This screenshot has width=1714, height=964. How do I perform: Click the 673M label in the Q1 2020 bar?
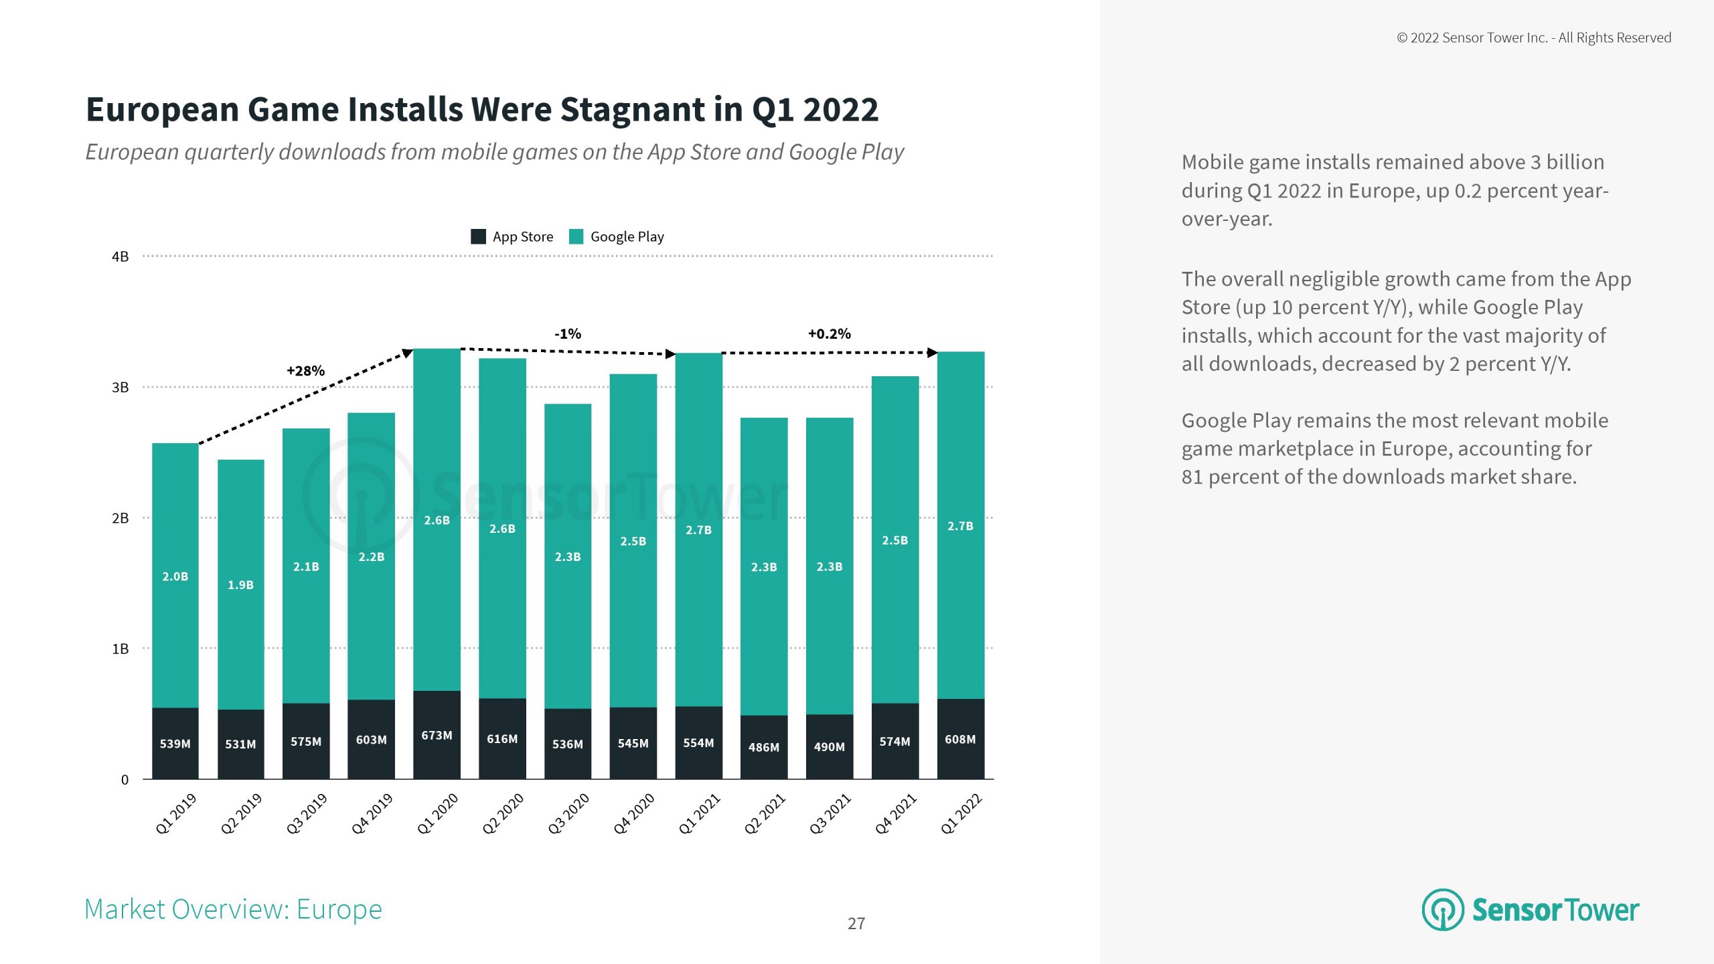[437, 735]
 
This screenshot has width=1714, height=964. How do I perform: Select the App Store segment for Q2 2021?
[763, 746]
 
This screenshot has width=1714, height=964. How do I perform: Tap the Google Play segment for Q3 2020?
[568, 556]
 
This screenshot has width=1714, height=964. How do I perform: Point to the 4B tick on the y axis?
[121, 256]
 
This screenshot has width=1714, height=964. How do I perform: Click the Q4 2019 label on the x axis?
[372, 813]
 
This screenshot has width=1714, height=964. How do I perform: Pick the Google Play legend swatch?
[576, 236]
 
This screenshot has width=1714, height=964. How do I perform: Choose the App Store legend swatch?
[478, 236]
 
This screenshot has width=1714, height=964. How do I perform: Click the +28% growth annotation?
[305, 371]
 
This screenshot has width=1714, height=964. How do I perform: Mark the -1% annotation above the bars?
[567, 333]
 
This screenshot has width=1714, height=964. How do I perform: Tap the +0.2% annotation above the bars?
[829, 333]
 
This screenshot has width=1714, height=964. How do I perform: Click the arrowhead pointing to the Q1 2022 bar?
[932, 353]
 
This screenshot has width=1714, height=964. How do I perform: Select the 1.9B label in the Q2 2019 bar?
[240, 585]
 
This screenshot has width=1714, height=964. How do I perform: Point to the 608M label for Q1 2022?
[960, 739]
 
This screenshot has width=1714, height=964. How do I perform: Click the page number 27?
[856, 924]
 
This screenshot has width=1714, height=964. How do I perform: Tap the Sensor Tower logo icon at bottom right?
[1442, 910]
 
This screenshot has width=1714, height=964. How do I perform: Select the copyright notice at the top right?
[1534, 38]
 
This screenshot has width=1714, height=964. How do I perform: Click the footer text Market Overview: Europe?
[233, 909]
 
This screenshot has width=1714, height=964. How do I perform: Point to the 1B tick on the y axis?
[121, 649]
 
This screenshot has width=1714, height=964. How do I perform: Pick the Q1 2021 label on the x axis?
[699, 813]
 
